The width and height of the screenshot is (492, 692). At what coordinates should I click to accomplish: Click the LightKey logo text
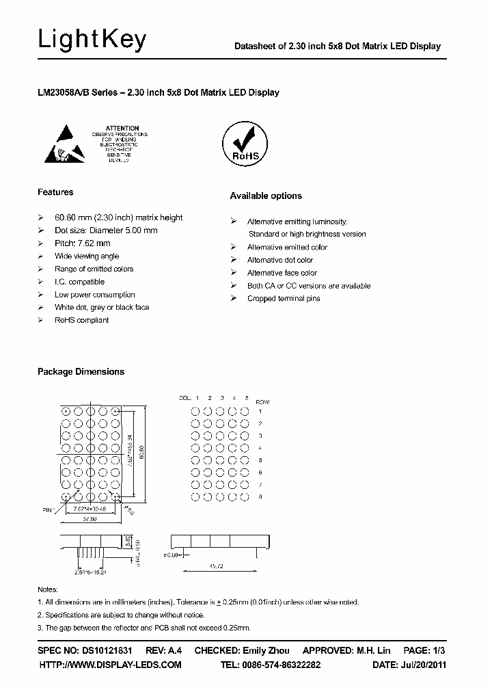pos(92,40)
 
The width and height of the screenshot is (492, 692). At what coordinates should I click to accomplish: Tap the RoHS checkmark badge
pos(245,143)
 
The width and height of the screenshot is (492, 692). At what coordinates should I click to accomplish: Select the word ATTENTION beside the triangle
pos(123,128)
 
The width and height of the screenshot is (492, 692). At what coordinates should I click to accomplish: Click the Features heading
pos(55,192)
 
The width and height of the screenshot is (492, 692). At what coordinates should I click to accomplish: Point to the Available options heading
pos(266,196)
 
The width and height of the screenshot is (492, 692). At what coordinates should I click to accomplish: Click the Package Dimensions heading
pos(81,372)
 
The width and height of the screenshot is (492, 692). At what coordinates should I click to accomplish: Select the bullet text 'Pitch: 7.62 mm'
pos(82,243)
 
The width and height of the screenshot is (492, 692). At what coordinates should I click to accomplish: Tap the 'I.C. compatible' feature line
pos(79,282)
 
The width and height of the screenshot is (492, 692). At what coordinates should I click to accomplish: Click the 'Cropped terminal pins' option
pos(284,299)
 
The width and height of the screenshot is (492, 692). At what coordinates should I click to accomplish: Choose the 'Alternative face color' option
pos(282,273)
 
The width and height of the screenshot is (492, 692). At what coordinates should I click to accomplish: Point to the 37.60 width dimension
pos(90,518)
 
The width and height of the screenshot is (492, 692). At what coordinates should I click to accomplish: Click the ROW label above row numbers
pos(262,401)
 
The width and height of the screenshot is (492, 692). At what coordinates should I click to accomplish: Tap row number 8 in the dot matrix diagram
pos(260,496)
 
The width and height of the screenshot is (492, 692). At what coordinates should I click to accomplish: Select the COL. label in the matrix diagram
pos(184,397)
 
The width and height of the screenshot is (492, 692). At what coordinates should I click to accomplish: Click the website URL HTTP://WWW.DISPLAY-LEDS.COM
pos(110,665)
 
